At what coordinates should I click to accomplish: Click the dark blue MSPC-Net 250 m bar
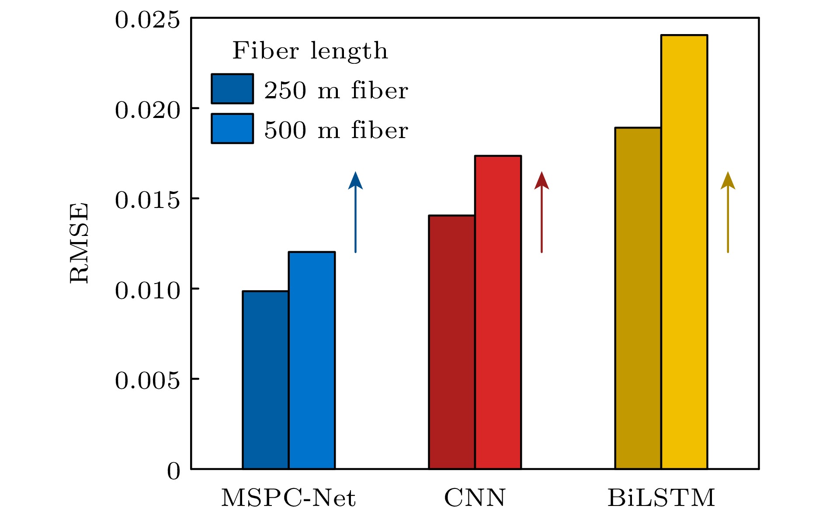tap(265, 380)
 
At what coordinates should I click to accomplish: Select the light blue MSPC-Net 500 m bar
tap(312, 360)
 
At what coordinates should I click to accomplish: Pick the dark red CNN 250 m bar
tap(451, 342)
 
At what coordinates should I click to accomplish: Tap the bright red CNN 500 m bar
tap(498, 312)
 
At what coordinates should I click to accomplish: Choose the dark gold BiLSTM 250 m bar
tap(638, 298)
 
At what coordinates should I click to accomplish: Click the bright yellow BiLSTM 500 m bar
tap(684, 252)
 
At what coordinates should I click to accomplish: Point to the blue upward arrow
tap(355, 212)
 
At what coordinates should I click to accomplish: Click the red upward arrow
tap(541, 212)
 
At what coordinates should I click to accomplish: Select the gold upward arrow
tap(728, 212)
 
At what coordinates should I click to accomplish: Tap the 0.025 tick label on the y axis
tap(147, 20)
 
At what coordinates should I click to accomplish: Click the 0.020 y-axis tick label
tap(147, 110)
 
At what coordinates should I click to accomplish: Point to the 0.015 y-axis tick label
tap(147, 201)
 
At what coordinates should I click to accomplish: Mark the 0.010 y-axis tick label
tap(147, 291)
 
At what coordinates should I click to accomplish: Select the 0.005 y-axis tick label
tap(147, 381)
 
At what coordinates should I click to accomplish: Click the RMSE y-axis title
tap(79, 243)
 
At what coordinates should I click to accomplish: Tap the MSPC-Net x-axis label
tap(288, 498)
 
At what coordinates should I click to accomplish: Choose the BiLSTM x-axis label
tap(661, 498)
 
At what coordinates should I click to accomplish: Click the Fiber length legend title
tap(310, 51)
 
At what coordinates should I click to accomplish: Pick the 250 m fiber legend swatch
tap(232, 89)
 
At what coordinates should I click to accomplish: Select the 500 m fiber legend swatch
tap(232, 128)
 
